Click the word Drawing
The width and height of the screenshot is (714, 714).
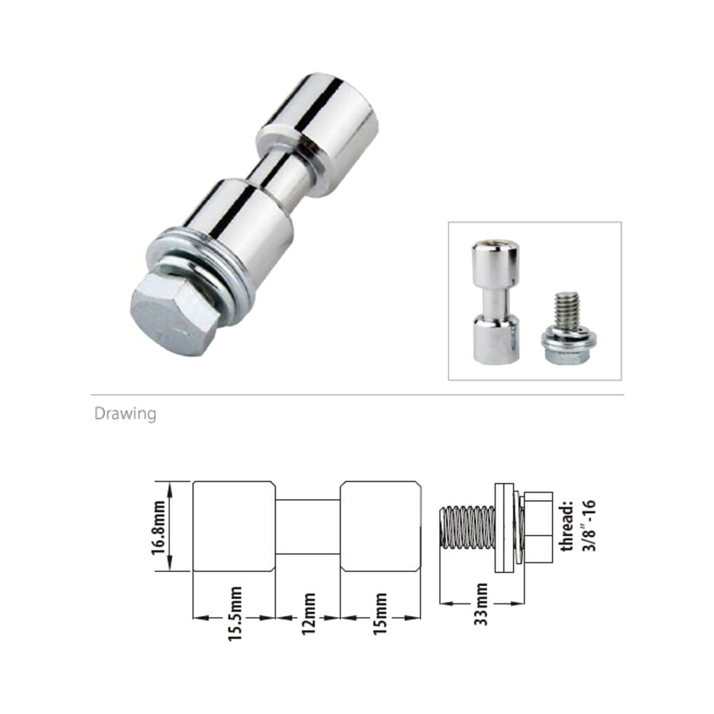[x=125, y=414]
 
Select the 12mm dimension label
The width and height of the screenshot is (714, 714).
[x=308, y=610]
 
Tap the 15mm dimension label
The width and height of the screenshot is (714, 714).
[x=380, y=613]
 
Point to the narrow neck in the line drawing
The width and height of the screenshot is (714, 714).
[x=308, y=526]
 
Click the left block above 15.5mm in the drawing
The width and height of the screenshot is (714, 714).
[x=235, y=526]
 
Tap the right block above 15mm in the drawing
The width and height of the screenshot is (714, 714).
[x=380, y=526]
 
